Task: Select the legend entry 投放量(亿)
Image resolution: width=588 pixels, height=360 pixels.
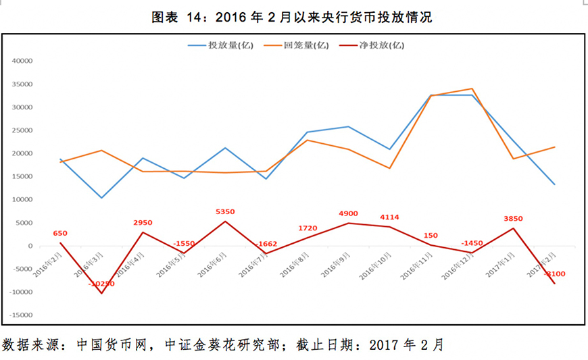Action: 224,46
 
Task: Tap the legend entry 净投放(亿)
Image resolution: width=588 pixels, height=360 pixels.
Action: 381,46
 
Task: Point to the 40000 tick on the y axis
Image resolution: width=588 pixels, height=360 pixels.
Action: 22,61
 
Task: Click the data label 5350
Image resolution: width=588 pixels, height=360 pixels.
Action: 226,212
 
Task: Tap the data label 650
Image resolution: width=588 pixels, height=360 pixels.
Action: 60,234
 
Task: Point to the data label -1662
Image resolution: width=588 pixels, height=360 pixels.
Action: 266,245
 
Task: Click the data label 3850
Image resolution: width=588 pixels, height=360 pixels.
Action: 513,219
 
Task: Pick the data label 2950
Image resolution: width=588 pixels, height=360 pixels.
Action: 143,223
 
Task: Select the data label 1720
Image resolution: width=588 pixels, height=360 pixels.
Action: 308,228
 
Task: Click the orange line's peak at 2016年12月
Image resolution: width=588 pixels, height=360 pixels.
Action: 472,88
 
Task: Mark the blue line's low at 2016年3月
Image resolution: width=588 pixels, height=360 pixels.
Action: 102,198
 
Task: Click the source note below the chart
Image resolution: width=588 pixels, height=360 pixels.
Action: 223,344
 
